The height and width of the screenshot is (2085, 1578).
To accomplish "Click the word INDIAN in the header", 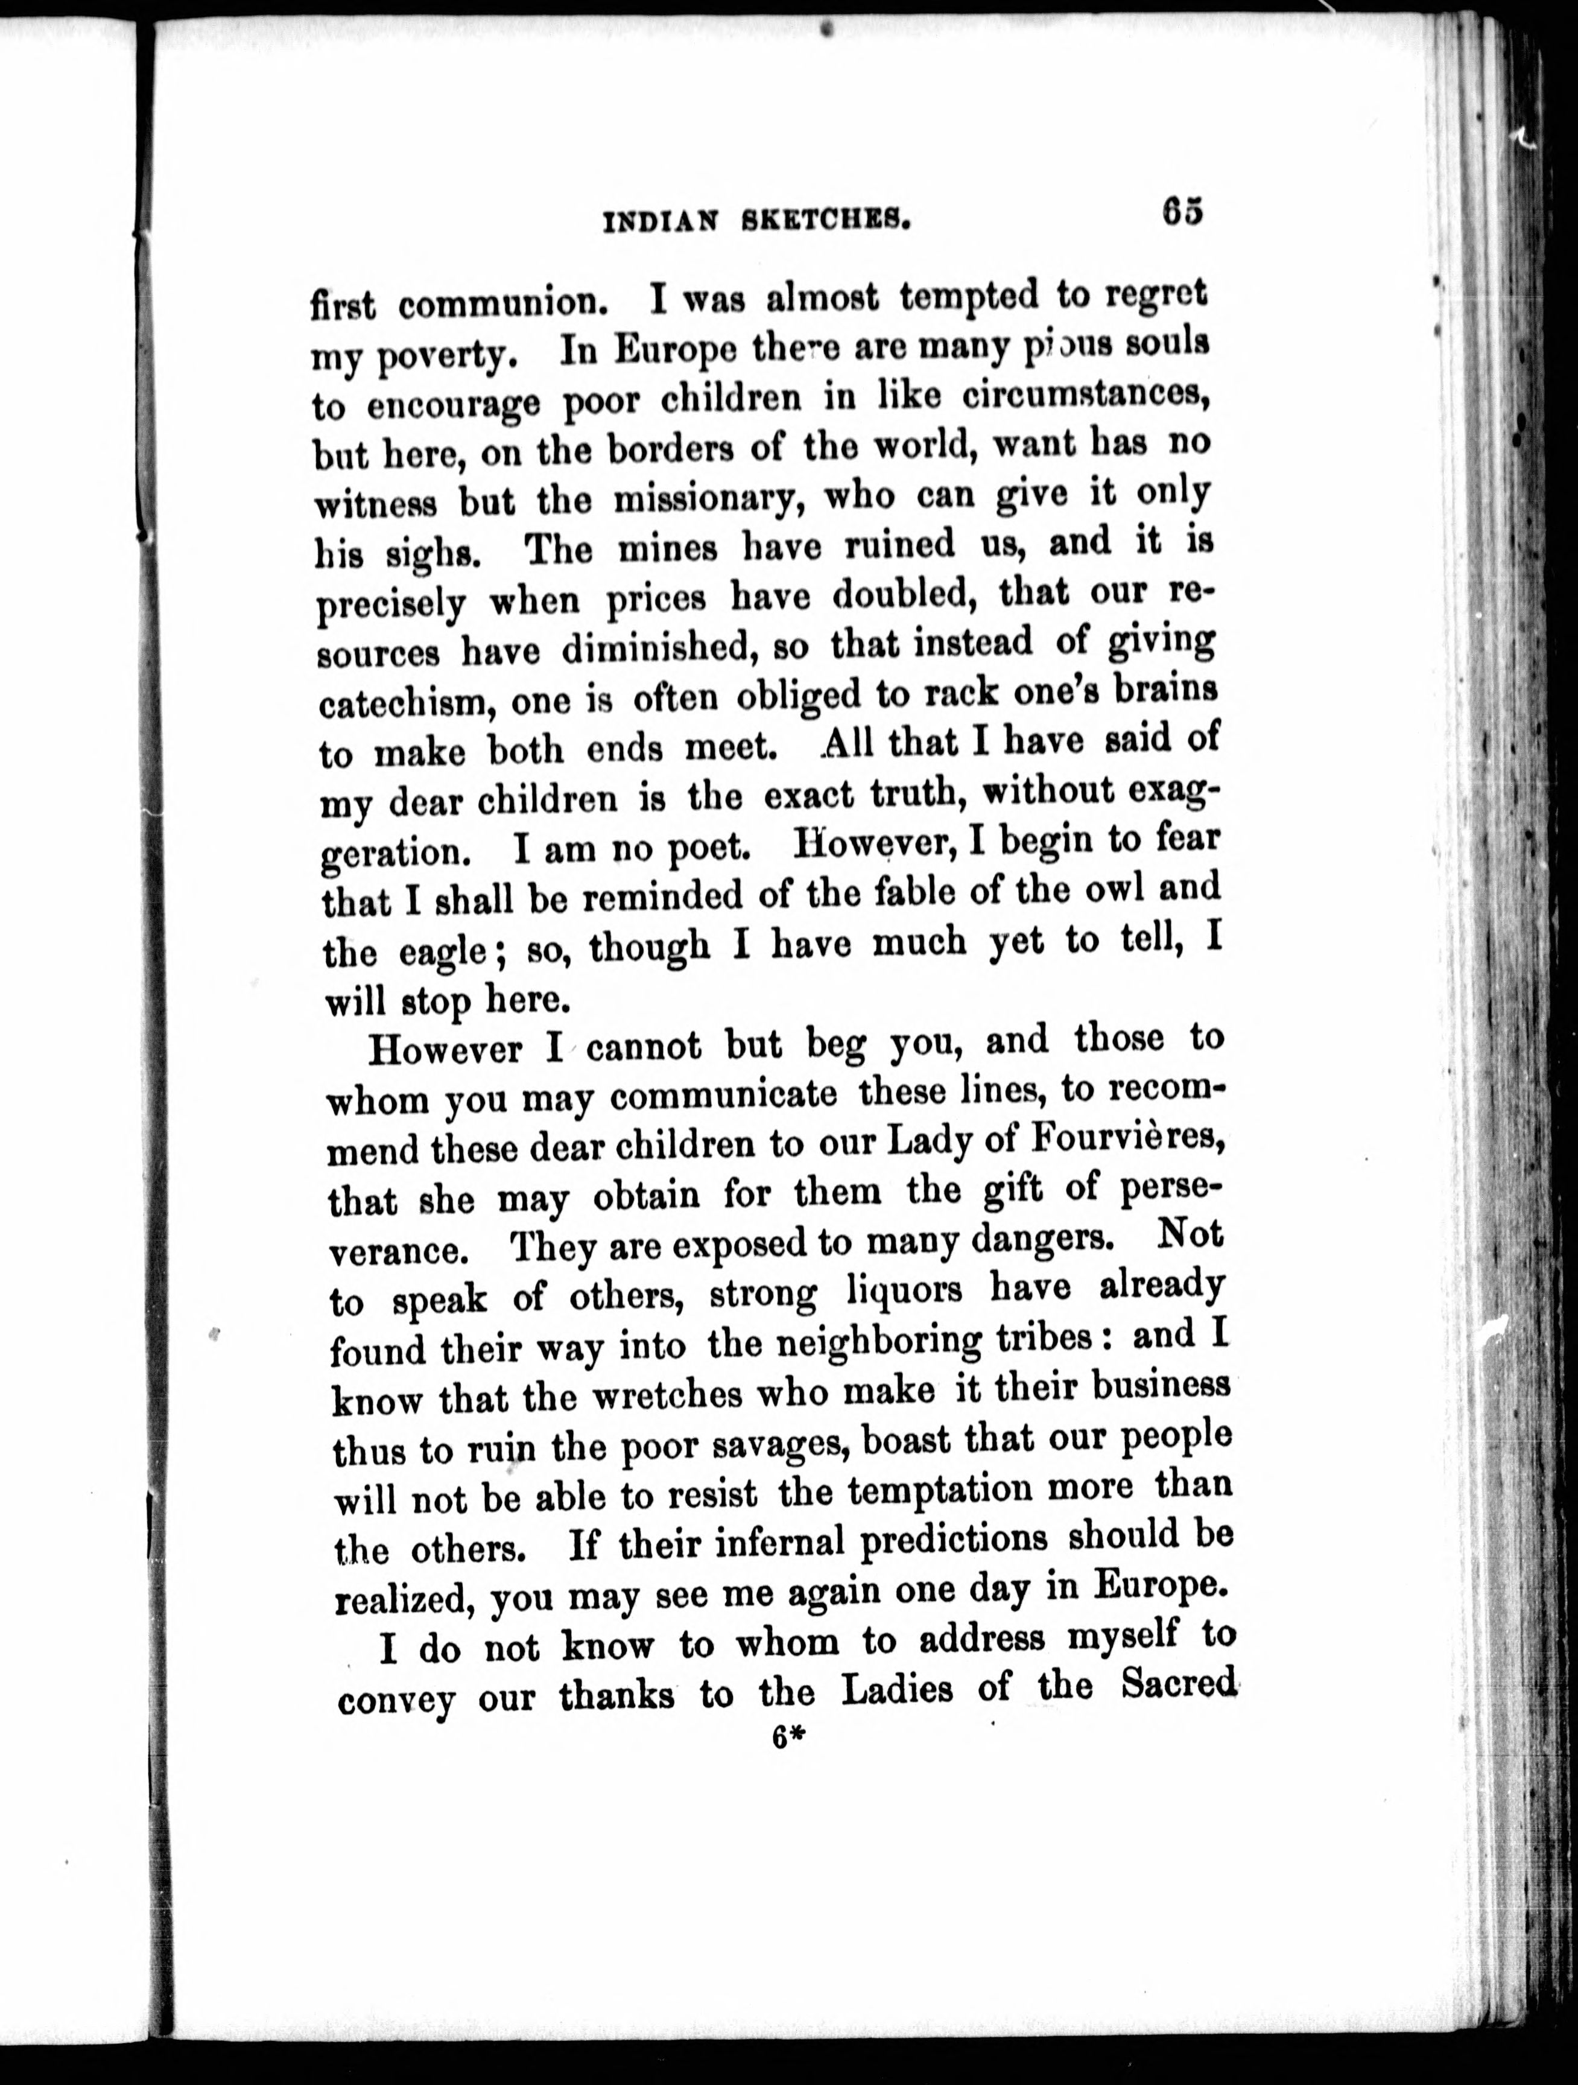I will point(660,221).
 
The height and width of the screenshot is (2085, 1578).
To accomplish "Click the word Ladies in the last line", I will point(896,1689).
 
